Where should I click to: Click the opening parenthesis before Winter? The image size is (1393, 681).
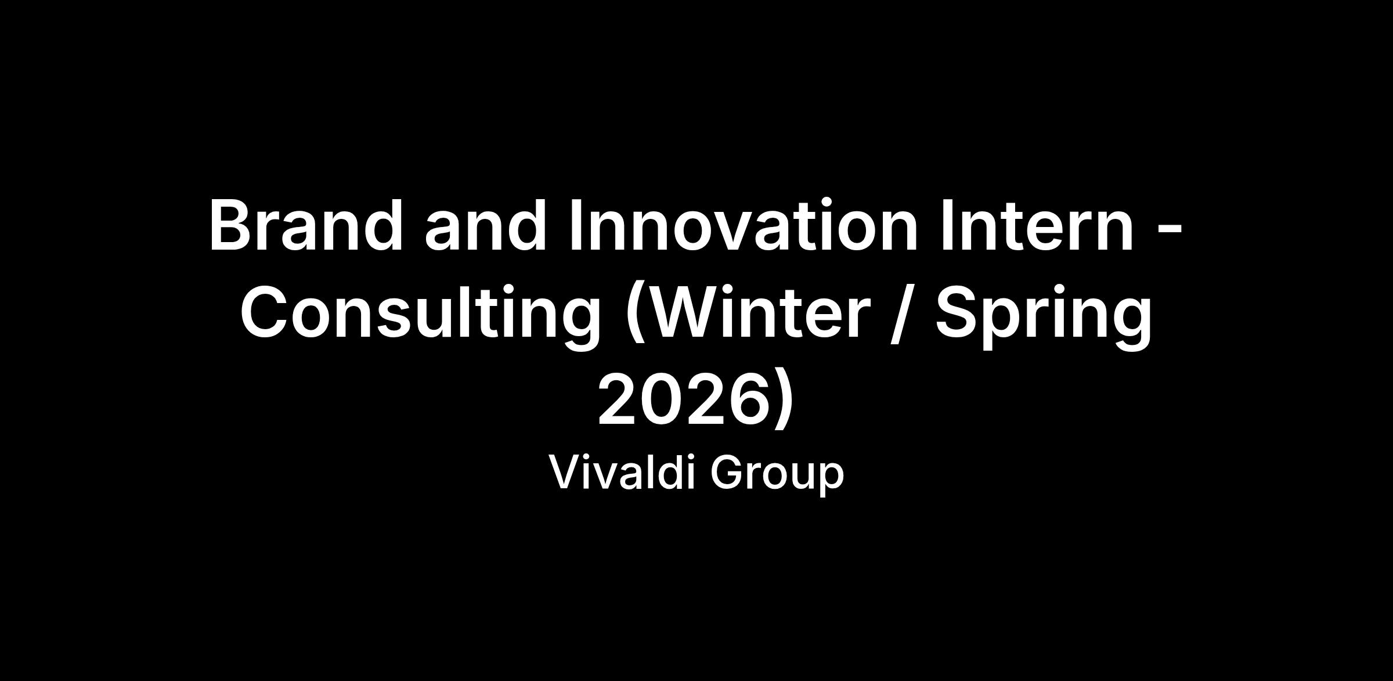(636, 315)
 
